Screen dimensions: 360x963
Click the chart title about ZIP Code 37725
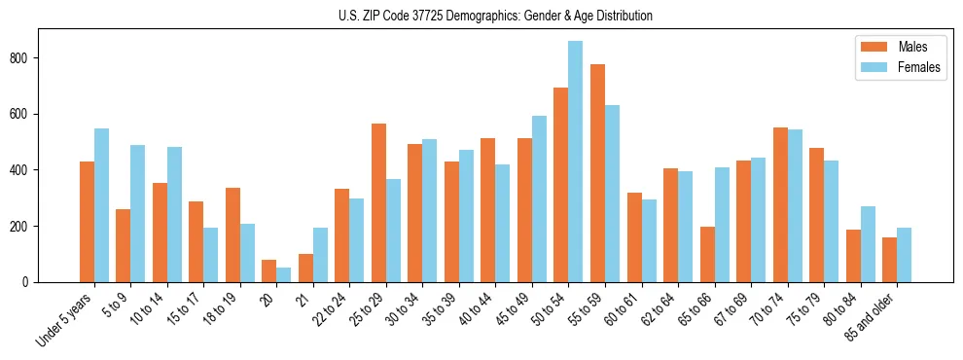pos(481,17)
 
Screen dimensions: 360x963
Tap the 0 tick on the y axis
pos(32,282)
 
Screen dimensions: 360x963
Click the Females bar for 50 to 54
pos(575,162)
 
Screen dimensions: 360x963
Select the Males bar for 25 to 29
pos(378,203)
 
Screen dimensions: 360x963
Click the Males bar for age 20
pos(268,271)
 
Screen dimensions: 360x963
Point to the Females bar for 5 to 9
pos(137,214)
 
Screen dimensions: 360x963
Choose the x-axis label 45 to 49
pos(512,310)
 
